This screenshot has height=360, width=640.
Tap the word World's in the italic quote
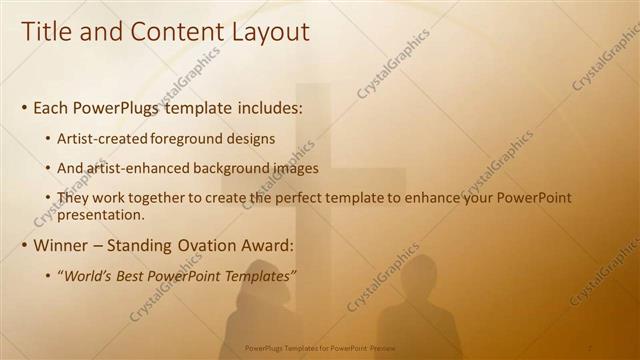pos(88,276)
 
